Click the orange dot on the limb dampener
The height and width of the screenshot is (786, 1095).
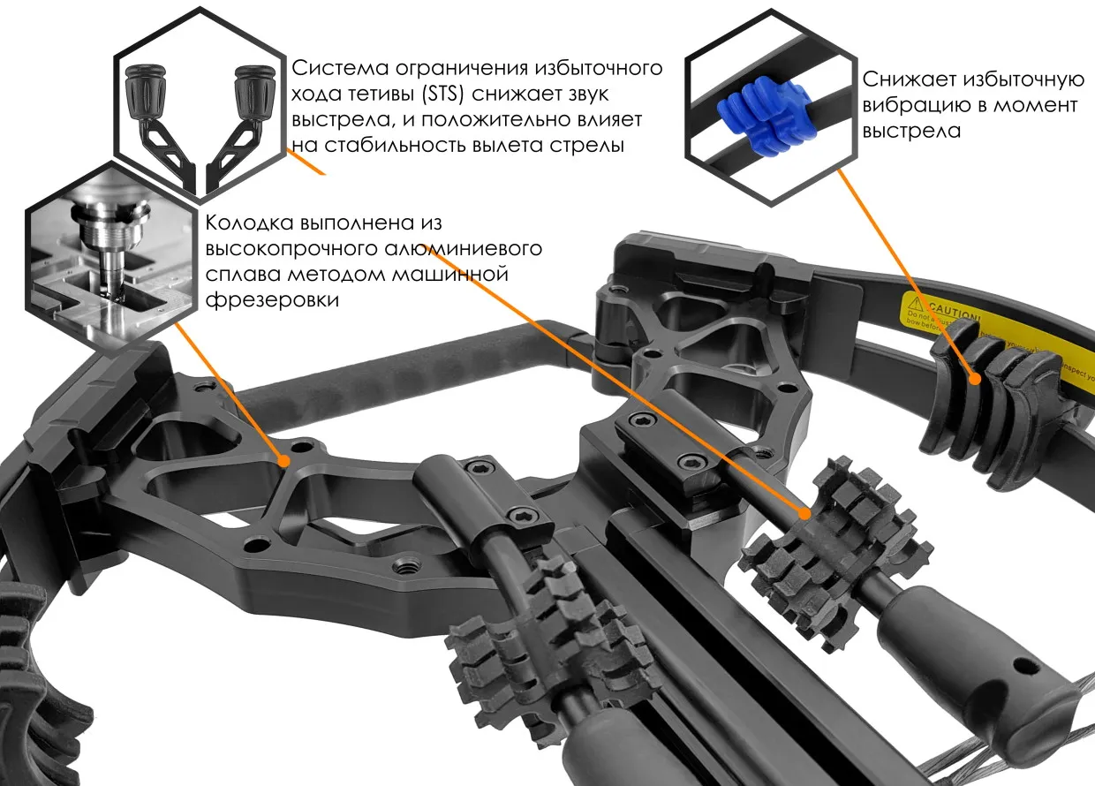(976, 381)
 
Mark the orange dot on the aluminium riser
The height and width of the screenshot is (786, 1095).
(284, 460)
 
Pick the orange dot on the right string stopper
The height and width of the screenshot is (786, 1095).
(806, 512)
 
